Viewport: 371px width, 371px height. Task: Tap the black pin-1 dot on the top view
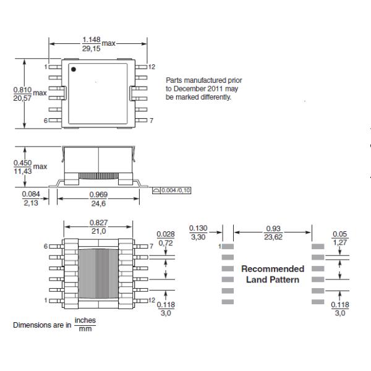(x=74, y=69)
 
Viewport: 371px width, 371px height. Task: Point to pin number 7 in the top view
(x=151, y=119)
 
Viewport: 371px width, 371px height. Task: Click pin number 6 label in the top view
(x=46, y=119)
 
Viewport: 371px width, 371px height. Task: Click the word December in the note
(x=185, y=89)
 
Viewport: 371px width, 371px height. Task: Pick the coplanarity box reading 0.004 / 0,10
(x=171, y=190)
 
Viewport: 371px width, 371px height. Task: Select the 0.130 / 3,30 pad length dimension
(x=197, y=231)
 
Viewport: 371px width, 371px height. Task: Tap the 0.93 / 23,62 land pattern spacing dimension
(x=273, y=231)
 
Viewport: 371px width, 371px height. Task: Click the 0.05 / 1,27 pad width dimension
(x=339, y=238)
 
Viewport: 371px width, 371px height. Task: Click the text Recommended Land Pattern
(x=273, y=275)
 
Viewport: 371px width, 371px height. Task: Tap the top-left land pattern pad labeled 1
(x=228, y=246)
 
